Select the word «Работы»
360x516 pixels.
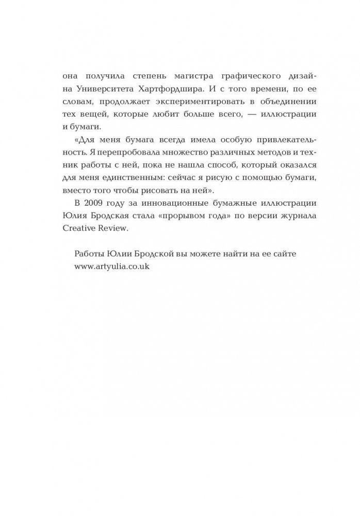coord(90,255)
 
